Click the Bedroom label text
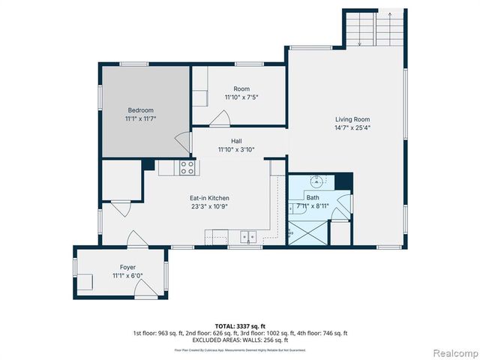[x=139, y=110]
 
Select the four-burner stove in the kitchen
[x=187, y=168]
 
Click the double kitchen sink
[x=247, y=238]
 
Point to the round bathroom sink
[x=318, y=180]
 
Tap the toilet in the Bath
[x=293, y=208]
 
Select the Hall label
[x=236, y=141]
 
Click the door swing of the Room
[x=220, y=118]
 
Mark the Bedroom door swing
[x=181, y=141]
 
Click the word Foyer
[x=127, y=267]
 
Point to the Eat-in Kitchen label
[x=209, y=198]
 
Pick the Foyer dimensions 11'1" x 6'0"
[x=127, y=275]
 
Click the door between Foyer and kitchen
[x=136, y=239]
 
